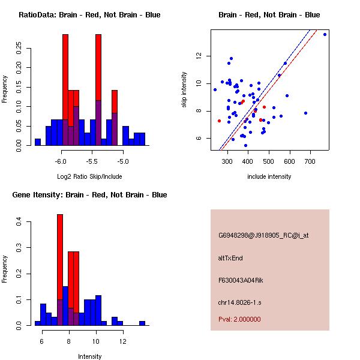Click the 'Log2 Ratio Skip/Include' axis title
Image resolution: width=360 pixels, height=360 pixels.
[x=89, y=177]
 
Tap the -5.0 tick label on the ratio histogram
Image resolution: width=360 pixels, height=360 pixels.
[x=123, y=162]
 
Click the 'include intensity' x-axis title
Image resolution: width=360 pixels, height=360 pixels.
[x=269, y=176]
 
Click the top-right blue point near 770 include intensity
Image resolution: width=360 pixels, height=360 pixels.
[x=325, y=34]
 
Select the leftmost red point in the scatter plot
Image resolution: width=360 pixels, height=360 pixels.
[x=219, y=121]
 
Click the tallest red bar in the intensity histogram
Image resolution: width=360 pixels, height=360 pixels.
[x=60, y=270]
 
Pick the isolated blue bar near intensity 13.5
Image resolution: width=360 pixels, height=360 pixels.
[x=142, y=323]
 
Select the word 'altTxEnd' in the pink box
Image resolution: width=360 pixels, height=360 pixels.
[x=230, y=258]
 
